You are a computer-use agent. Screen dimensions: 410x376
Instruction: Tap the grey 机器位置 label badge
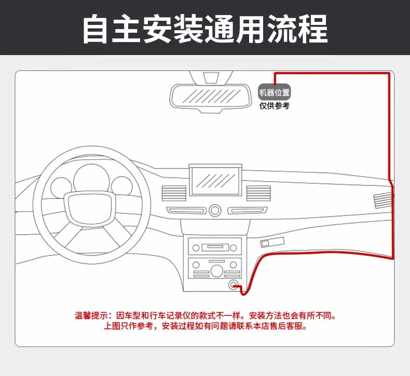(275, 93)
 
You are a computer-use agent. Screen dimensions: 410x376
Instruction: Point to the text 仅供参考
(275, 106)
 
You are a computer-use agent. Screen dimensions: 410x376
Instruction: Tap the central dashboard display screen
(214, 181)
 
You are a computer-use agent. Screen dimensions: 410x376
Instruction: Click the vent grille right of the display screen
(254, 194)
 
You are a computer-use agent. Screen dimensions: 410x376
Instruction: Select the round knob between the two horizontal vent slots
(215, 210)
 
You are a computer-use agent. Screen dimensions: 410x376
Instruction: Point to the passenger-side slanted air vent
(383, 200)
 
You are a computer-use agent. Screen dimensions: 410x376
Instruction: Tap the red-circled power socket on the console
(234, 285)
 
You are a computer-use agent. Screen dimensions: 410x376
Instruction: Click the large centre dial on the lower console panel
(214, 270)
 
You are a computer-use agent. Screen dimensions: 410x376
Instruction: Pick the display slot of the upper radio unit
(214, 246)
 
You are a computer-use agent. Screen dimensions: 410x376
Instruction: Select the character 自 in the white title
(99, 29)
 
